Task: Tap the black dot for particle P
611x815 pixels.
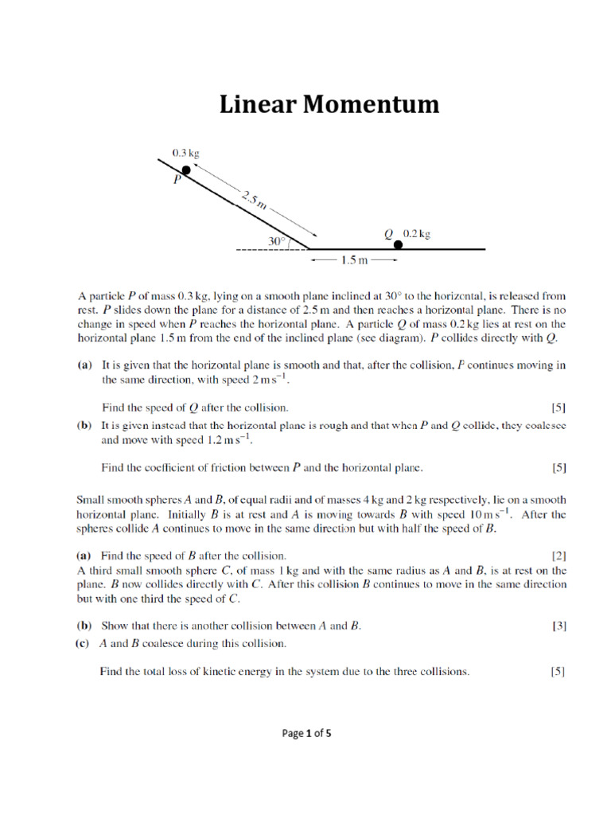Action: [185, 170]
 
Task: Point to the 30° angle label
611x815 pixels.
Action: [275, 239]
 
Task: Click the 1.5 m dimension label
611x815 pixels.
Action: [353, 259]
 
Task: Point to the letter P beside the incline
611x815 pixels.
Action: [177, 181]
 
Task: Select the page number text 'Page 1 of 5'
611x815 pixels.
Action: [306, 734]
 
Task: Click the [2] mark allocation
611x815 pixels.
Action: [558, 555]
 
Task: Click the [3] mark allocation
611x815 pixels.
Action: [558, 626]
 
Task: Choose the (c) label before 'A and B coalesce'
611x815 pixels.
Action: [84, 643]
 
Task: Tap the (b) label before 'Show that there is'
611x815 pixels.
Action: [84, 626]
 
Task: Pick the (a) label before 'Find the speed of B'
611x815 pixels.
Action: [84, 555]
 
